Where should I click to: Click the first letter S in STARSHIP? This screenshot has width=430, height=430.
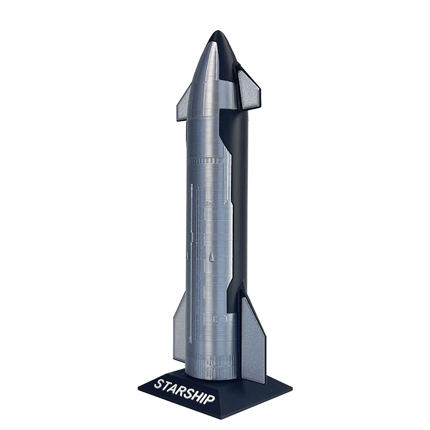[159, 384]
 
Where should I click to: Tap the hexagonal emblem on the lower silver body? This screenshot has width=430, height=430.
[220, 319]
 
